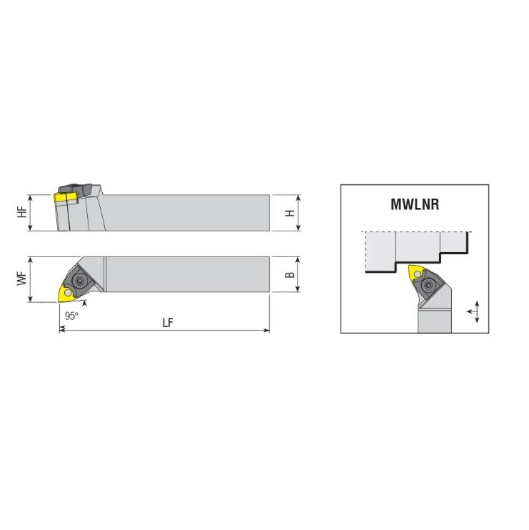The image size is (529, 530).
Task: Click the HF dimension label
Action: [x=22, y=212]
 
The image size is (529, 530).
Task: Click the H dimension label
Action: [x=290, y=213]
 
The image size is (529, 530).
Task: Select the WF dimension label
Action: [x=22, y=279]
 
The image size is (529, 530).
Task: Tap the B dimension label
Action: [x=290, y=274]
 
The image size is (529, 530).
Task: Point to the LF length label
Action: [x=168, y=323]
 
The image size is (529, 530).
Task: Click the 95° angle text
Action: [x=71, y=316]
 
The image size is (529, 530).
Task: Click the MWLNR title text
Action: [x=415, y=204]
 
